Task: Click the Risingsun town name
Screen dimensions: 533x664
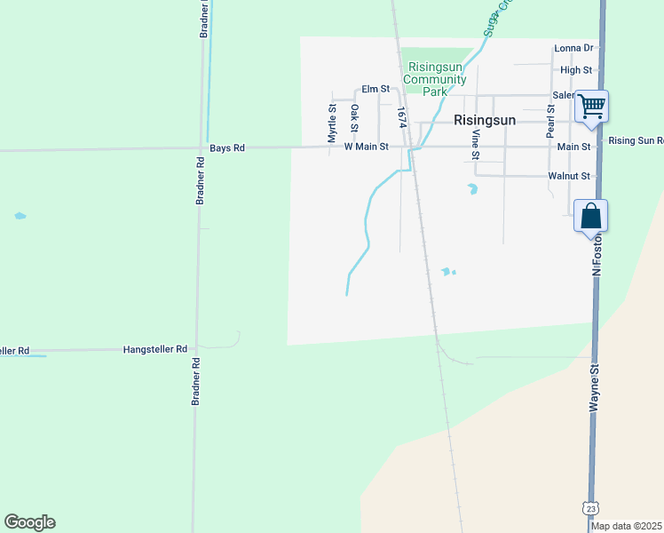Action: pos(486,120)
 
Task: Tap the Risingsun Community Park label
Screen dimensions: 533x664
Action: pos(435,79)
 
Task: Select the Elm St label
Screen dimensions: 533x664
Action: pos(375,89)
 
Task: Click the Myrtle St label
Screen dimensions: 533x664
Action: pos(332,123)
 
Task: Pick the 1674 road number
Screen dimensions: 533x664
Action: pos(401,116)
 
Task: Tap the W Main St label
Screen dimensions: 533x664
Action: pos(366,147)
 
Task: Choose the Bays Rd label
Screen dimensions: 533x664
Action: pos(226,147)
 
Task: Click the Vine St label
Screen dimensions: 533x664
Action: pos(476,145)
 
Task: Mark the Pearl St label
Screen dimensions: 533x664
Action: pos(550,121)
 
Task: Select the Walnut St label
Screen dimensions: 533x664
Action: pos(569,176)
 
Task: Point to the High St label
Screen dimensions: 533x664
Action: pos(576,69)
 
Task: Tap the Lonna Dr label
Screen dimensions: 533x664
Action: pos(573,48)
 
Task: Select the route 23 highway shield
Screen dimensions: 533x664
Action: pos(591,507)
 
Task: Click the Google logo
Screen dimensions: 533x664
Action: pos(29,522)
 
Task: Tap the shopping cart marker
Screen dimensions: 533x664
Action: pos(591,107)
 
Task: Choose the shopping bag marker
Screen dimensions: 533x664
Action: pos(592,216)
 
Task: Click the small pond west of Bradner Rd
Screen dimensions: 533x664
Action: pos(20,216)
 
